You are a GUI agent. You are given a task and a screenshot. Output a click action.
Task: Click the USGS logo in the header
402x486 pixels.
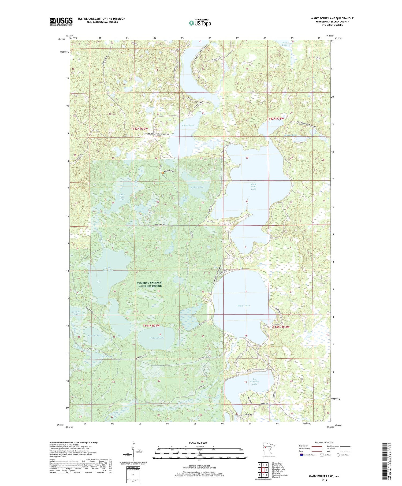point(61,21)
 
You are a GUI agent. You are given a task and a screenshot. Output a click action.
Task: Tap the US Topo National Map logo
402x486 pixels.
point(200,23)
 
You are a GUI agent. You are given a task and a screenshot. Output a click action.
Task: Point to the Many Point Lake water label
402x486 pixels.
point(253,187)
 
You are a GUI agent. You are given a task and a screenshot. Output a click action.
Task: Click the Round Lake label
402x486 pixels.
point(243,306)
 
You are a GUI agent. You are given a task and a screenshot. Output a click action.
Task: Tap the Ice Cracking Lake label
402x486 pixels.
point(254,381)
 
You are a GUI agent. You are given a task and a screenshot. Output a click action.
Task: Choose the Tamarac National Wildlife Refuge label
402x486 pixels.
point(150,284)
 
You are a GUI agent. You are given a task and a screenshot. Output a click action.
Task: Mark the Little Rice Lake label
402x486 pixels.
point(122,197)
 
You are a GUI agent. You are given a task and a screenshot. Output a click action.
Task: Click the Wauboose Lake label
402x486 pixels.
point(157,338)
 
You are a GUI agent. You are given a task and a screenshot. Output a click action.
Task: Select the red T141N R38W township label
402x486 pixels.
point(281,327)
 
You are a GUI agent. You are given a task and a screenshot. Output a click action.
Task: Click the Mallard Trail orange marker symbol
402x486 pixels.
point(163,173)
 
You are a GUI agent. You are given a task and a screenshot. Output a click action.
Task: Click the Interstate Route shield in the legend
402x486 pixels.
point(301,455)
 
